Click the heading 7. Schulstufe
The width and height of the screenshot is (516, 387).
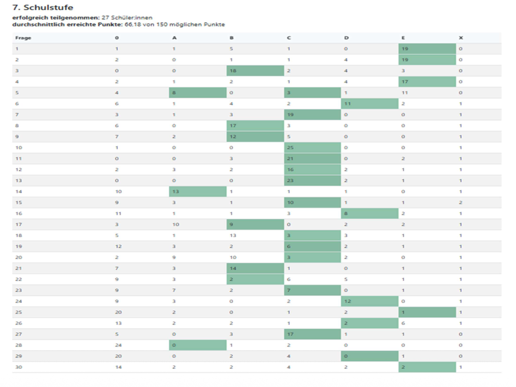(x=43, y=7)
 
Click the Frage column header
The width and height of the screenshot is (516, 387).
(x=23, y=38)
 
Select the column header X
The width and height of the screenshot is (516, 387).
(x=461, y=38)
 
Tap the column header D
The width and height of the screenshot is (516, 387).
(x=346, y=38)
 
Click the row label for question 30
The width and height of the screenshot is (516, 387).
(x=19, y=367)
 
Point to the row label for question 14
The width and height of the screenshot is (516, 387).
(x=19, y=192)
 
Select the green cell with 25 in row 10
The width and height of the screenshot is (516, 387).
(x=312, y=148)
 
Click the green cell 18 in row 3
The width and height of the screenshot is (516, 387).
(x=255, y=71)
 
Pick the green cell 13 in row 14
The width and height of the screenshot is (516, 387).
(x=198, y=192)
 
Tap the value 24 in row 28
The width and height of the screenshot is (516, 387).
(x=118, y=345)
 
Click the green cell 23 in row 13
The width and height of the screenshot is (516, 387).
(x=312, y=181)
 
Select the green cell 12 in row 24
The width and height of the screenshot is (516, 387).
(x=369, y=301)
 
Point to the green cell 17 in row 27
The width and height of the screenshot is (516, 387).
(x=312, y=334)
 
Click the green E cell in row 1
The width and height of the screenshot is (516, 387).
(x=427, y=49)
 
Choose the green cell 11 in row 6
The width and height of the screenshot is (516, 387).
(x=369, y=104)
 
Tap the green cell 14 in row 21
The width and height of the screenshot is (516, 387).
(x=255, y=268)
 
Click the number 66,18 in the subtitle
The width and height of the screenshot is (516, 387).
(x=133, y=25)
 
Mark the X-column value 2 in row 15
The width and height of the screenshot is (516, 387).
(x=461, y=203)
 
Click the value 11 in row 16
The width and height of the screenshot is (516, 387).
(x=118, y=213)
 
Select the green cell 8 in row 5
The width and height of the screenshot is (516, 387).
(x=198, y=93)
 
